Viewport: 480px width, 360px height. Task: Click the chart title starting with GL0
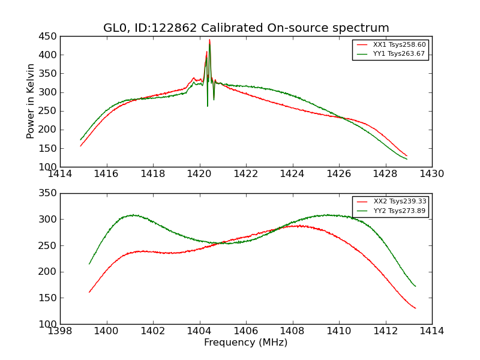246,28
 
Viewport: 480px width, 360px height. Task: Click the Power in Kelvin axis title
31,101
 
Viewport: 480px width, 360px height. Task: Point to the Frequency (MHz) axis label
246,343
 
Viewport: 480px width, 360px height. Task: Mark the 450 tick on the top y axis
49,37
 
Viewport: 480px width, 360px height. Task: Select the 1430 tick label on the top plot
431,174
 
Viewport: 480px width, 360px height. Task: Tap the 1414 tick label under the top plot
61,174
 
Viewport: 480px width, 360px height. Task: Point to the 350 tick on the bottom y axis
49,193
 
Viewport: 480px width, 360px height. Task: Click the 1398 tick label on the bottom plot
61,331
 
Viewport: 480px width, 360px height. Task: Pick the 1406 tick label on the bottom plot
246,331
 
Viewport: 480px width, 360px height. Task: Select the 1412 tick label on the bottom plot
385,331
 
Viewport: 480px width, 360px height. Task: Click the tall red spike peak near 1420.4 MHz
209,40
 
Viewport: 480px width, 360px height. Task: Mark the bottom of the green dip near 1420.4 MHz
208,106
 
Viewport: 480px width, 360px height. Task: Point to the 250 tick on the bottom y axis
49,245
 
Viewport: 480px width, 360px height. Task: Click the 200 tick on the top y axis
49,130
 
